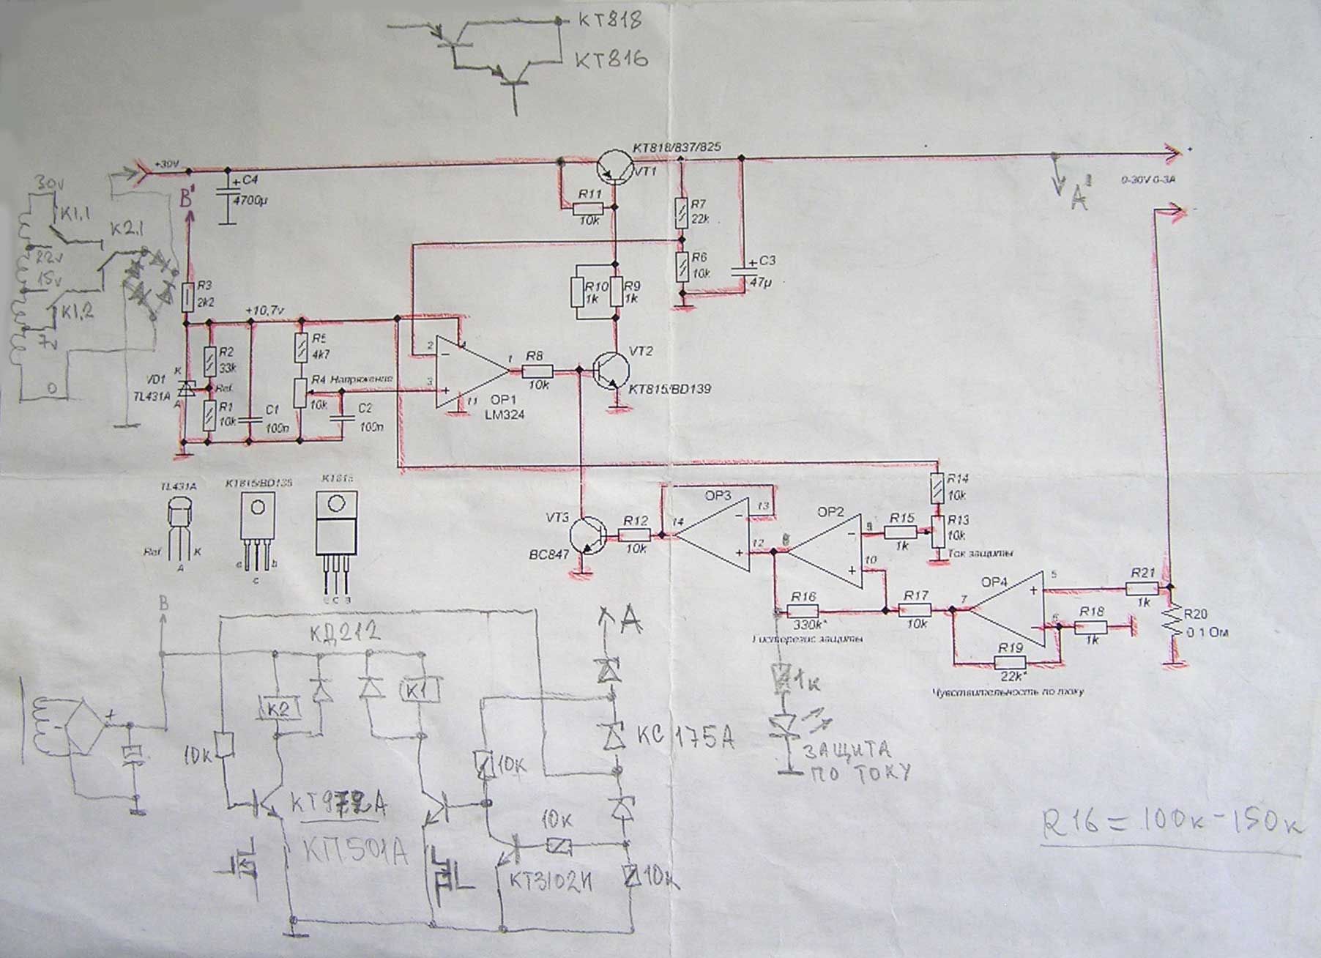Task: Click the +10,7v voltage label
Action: pyautogui.click(x=266, y=311)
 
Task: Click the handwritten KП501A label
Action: pyautogui.click(x=355, y=852)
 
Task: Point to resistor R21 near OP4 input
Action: pyautogui.click(x=1142, y=587)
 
